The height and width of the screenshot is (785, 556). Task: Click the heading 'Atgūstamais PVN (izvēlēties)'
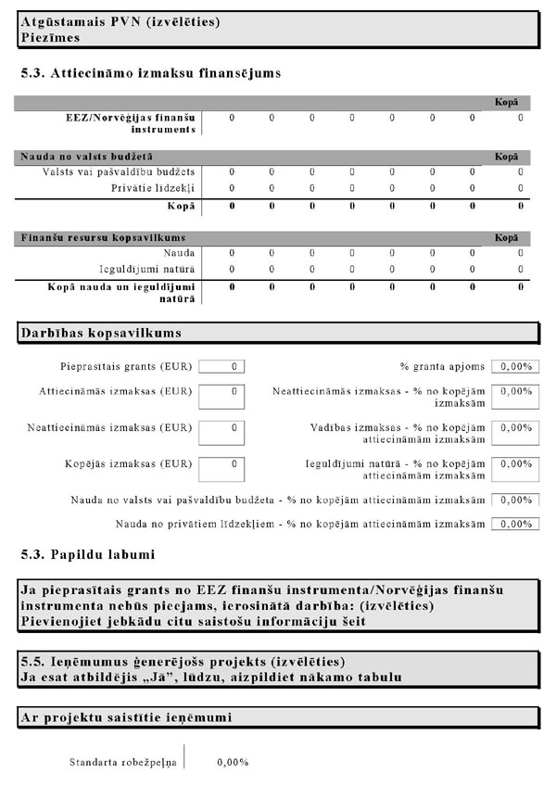click(111, 20)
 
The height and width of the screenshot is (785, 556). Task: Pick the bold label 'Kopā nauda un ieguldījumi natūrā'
click(120, 292)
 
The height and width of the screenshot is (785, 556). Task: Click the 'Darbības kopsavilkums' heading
click(100, 332)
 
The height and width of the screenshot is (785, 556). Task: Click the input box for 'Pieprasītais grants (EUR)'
click(221, 366)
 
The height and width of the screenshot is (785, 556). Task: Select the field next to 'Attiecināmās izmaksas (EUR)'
click(221, 396)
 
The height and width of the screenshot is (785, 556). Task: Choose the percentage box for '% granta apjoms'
click(514, 366)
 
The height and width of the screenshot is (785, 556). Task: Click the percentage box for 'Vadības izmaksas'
click(514, 433)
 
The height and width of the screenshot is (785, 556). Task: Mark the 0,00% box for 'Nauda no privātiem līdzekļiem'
click(514, 524)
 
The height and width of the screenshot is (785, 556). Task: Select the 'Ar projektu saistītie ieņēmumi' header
click(125, 718)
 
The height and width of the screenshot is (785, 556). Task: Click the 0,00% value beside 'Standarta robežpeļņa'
click(232, 763)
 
